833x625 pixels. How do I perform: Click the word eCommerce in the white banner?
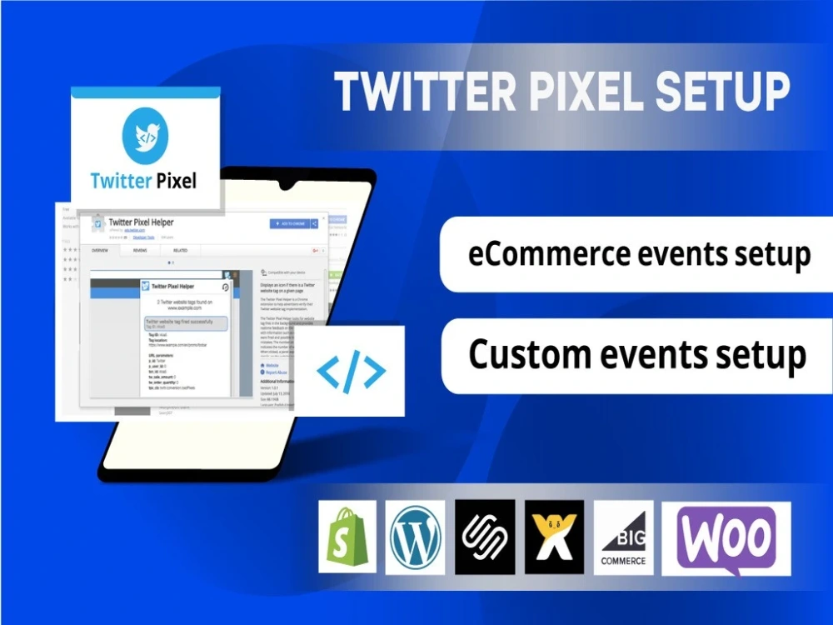[x=541, y=253]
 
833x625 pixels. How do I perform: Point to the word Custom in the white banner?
[x=521, y=354]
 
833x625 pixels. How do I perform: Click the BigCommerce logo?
[x=624, y=537]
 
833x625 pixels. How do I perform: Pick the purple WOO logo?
[x=726, y=537]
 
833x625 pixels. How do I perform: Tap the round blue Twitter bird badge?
[x=145, y=135]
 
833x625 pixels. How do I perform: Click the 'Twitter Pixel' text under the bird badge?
[x=144, y=179]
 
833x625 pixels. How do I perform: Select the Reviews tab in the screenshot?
[x=140, y=250]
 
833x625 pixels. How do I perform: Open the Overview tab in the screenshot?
[x=100, y=250]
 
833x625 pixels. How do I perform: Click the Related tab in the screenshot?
[x=180, y=250]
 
